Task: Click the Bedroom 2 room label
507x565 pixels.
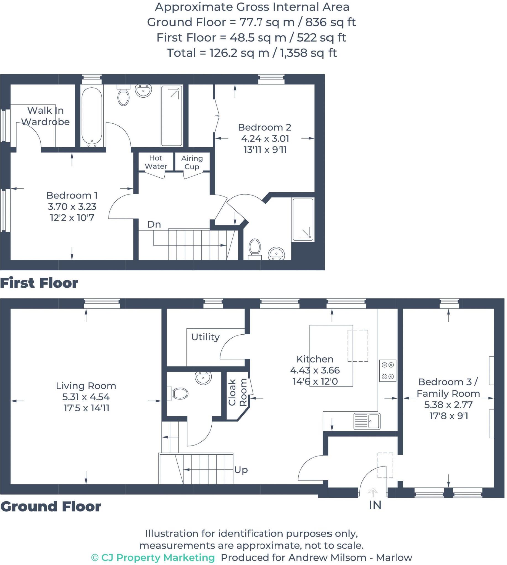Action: (x=265, y=127)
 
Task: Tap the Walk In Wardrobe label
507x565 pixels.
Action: (x=45, y=116)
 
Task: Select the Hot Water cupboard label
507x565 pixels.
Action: (x=156, y=162)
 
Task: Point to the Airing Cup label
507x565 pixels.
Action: (x=192, y=162)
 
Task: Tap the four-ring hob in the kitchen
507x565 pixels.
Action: (x=388, y=371)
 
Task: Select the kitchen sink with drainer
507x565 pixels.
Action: (x=367, y=421)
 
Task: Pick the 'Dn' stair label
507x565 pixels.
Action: (x=154, y=224)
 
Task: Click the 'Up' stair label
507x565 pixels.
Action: (x=241, y=470)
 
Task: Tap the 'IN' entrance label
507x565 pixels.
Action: (x=375, y=505)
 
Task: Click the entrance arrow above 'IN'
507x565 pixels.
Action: (x=373, y=492)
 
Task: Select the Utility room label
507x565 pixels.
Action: (x=205, y=337)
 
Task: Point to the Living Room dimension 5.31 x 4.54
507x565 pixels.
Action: (x=86, y=397)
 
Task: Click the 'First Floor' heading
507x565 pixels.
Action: (x=39, y=283)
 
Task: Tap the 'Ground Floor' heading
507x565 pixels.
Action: (x=51, y=506)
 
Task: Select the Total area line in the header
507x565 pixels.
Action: (x=252, y=53)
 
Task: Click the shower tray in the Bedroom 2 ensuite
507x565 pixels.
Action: (x=303, y=219)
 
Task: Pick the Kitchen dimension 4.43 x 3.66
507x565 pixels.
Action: (x=315, y=370)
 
